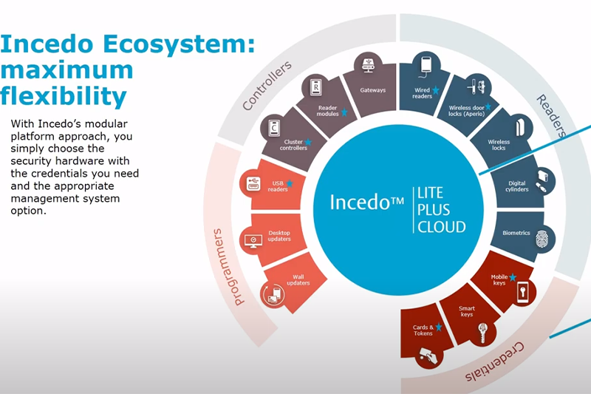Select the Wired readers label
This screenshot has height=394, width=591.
coord(422,94)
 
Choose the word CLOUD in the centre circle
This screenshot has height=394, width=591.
coord(443,227)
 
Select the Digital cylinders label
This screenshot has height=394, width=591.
coord(517,186)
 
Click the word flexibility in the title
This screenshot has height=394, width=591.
coord(64,96)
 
